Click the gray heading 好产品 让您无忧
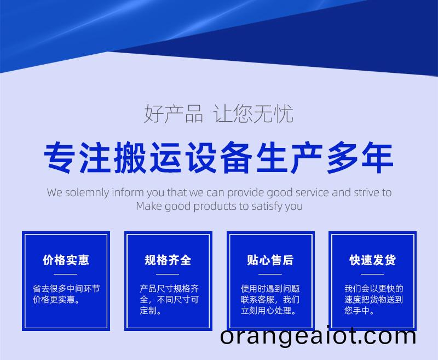(218, 113)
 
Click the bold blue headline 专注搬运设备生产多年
(218, 158)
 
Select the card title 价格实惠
(66, 260)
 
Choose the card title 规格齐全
(168, 260)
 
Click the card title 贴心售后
(270, 260)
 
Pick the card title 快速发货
(373, 260)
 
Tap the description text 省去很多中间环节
(66, 288)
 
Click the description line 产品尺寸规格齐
(169, 288)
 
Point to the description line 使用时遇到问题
(270, 288)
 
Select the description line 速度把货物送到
(374, 300)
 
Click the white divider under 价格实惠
(65, 274)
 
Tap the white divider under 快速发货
(372, 274)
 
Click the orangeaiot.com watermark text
(318, 336)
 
